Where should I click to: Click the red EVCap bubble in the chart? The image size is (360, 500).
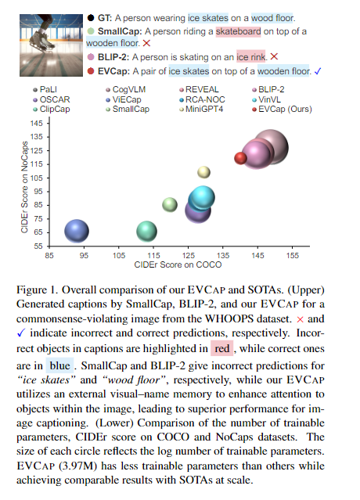click(x=241, y=158)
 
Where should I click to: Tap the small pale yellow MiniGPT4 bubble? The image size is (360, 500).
click(x=203, y=171)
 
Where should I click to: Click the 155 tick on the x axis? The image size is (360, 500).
click(x=292, y=255)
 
